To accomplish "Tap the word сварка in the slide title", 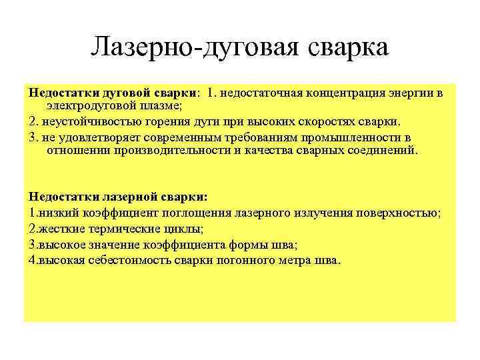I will tap(346, 48).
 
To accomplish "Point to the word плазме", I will tap(159, 105).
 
